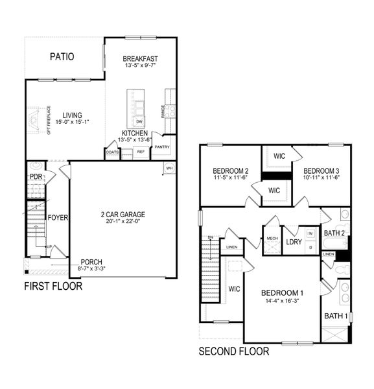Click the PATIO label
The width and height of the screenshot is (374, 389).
click(62, 57)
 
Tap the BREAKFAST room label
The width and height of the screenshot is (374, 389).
click(141, 58)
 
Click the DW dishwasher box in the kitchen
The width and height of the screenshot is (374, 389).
click(139, 121)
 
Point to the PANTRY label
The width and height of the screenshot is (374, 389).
click(161, 147)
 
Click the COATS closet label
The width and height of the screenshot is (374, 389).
click(111, 152)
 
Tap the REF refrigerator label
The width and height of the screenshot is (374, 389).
click(141, 152)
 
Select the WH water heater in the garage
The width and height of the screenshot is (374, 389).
click(169, 168)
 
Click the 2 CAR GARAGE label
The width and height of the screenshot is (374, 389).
click(123, 215)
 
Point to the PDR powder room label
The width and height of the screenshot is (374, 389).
click(36, 176)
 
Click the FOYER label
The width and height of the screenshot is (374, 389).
click(58, 217)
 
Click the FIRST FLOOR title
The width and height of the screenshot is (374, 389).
click(53, 286)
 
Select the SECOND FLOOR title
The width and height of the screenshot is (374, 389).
click(233, 352)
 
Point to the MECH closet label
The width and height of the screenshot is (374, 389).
click(272, 239)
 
